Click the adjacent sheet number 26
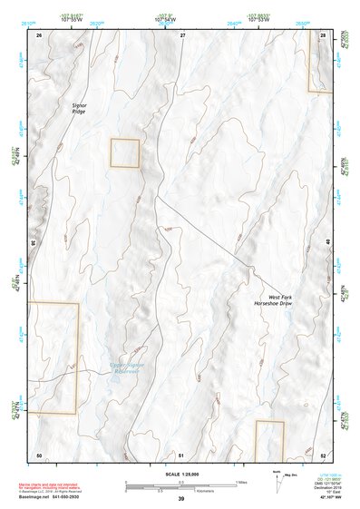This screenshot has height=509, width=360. point(39,34)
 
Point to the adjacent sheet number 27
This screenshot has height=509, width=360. point(182,34)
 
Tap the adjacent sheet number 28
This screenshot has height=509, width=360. point(323,34)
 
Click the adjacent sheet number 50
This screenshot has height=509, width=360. point(39,455)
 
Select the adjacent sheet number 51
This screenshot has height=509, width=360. point(181,455)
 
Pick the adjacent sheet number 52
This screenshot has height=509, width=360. point(323,455)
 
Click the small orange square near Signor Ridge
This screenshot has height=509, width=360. point(125,152)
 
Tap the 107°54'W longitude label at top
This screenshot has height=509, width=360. point(166,18)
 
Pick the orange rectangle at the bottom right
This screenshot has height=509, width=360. point(269,440)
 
